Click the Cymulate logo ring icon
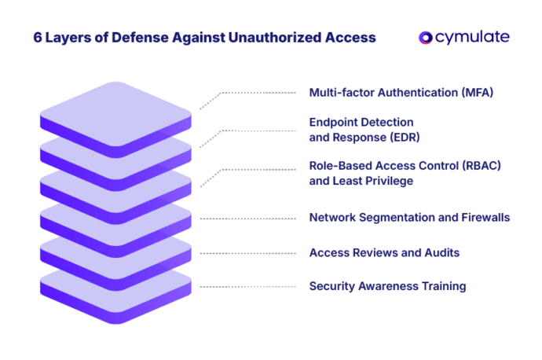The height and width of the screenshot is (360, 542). [x=425, y=38]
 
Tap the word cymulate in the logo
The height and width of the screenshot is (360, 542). [x=471, y=38]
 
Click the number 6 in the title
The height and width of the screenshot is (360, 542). [x=37, y=38]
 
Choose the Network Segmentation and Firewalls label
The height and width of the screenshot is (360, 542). [x=409, y=217]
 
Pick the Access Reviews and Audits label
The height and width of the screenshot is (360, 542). [x=384, y=252]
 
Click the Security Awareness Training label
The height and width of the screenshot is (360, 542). [x=387, y=286]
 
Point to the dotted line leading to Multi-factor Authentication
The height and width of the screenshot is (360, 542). [x=251, y=94]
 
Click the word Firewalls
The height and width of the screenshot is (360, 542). [x=484, y=217]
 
